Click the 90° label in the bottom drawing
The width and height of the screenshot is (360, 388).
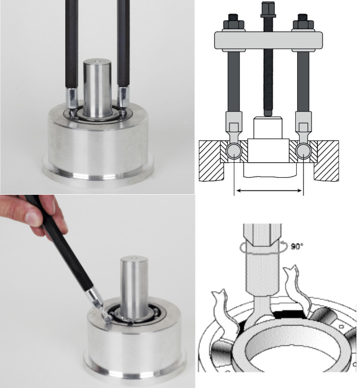point(297,246)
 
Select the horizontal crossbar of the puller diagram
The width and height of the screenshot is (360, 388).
point(269,40)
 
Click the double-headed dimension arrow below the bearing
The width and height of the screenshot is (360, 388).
point(269,190)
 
